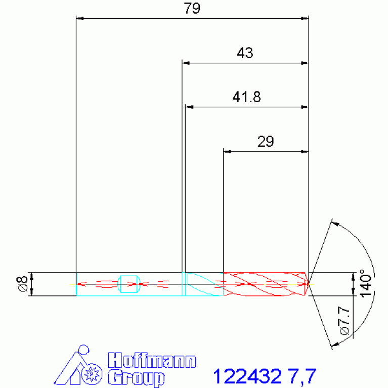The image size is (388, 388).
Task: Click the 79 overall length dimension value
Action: [192, 8]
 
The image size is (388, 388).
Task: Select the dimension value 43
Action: [245, 53]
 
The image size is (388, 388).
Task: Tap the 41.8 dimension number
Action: [246, 97]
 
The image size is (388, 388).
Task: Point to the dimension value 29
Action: [266, 142]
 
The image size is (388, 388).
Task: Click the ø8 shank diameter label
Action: [22, 284]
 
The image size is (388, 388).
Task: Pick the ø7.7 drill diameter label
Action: [344, 321]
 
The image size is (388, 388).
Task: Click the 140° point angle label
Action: [366, 283]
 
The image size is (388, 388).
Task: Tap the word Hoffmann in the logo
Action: [152, 361]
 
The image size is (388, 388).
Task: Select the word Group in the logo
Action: [136, 378]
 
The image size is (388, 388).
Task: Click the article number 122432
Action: [247, 376]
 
